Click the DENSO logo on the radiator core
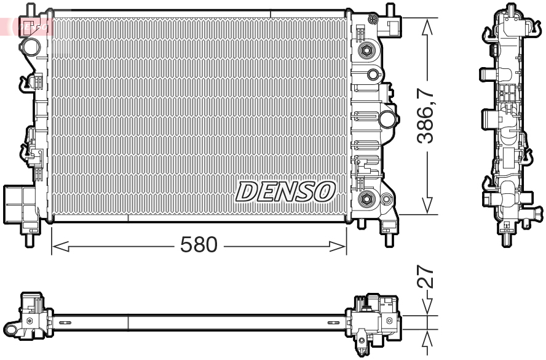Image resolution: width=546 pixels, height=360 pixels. (x=285, y=191)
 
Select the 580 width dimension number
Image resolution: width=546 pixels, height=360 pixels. (x=199, y=245)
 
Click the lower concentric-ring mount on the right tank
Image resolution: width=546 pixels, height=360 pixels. (x=367, y=198)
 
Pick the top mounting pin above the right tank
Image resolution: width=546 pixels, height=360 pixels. (x=389, y=9)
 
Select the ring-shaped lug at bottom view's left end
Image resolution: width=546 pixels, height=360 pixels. (x=29, y=321)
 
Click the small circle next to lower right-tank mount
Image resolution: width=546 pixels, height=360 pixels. (x=386, y=199)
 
